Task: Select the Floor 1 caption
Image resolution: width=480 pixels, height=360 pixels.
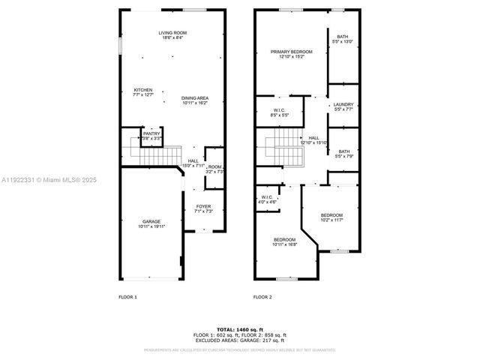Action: tap(127, 297)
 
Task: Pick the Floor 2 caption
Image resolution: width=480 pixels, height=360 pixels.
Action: tap(262, 297)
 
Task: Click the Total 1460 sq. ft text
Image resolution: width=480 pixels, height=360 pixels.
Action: tap(240, 330)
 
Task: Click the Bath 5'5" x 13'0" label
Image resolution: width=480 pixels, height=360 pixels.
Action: tap(343, 39)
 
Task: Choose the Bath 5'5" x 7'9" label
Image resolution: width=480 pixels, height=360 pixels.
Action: tap(343, 154)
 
